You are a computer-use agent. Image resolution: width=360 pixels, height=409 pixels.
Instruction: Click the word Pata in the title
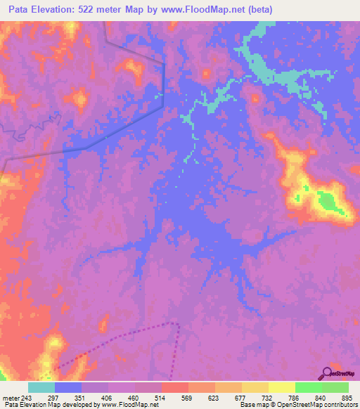(x=20, y=10)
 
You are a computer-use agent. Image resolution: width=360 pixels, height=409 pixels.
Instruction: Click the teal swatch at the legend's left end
(x=41, y=387)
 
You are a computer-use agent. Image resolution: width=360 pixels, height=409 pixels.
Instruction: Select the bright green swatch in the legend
(x=308, y=387)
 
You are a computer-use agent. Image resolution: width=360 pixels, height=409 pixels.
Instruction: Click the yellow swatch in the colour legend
(x=281, y=387)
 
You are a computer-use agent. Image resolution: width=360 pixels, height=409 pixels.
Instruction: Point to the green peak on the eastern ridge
(x=327, y=202)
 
